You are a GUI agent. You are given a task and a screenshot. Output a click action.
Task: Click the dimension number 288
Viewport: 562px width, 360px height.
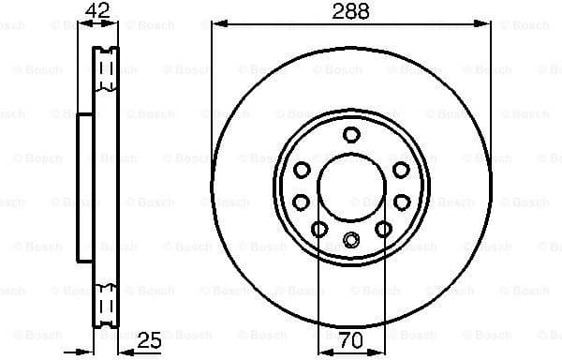click(350, 11)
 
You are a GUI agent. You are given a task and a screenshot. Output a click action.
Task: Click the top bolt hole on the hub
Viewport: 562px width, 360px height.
click(351, 134)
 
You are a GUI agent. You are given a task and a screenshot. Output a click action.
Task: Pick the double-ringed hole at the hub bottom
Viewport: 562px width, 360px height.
click(351, 241)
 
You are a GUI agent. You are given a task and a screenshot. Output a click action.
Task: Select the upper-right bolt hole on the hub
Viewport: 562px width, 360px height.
click(401, 170)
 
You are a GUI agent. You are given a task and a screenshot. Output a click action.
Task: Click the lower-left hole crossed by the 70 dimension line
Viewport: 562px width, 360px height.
click(318, 230)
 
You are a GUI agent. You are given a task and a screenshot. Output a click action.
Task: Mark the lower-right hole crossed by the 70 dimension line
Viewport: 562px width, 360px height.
click(383, 229)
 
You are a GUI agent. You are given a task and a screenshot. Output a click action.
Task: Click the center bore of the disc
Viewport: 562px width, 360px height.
click(351, 187)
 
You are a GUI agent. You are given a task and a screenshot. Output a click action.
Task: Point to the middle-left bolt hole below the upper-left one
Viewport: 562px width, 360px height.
click(302, 202)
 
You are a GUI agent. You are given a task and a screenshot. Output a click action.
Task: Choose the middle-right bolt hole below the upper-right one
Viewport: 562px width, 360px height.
click(401, 202)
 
